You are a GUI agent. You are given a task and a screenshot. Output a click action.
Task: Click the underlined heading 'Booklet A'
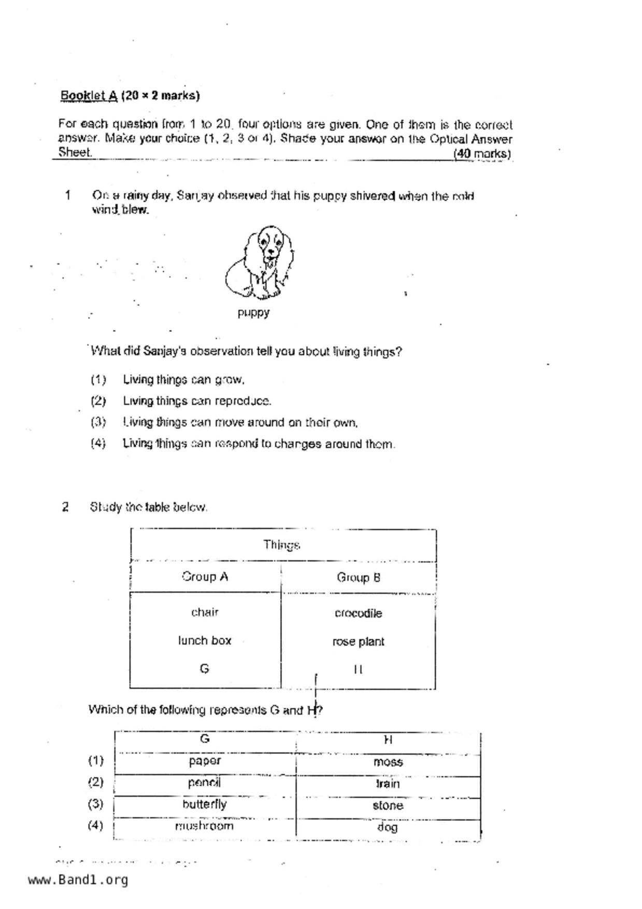point(89,96)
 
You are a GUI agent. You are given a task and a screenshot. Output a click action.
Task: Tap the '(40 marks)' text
point(482,154)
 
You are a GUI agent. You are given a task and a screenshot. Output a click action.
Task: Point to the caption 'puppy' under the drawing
point(253,313)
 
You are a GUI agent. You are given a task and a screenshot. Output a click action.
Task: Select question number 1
point(67,195)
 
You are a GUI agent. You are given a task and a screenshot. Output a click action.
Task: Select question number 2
point(65,507)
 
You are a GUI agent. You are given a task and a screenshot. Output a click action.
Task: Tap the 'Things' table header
point(281,545)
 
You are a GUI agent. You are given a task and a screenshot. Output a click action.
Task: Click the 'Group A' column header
point(205,577)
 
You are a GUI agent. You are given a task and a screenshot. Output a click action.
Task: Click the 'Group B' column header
point(359,577)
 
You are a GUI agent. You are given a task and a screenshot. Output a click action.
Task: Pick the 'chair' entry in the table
point(205,613)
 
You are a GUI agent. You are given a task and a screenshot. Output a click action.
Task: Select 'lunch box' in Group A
point(205,641)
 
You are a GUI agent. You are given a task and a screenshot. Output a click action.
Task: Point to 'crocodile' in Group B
point(359,614)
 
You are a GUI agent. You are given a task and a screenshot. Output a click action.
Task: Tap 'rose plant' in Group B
point(359,642)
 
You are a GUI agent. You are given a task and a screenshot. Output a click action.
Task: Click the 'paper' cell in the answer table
point(205,761)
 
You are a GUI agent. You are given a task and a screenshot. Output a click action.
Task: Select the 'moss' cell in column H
point(388,762)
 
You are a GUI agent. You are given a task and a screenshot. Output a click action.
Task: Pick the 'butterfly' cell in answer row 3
point(205,805)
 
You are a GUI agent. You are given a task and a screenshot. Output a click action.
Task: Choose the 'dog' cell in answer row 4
point(388,827)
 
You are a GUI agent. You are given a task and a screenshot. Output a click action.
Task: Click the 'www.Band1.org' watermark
point(78,880)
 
